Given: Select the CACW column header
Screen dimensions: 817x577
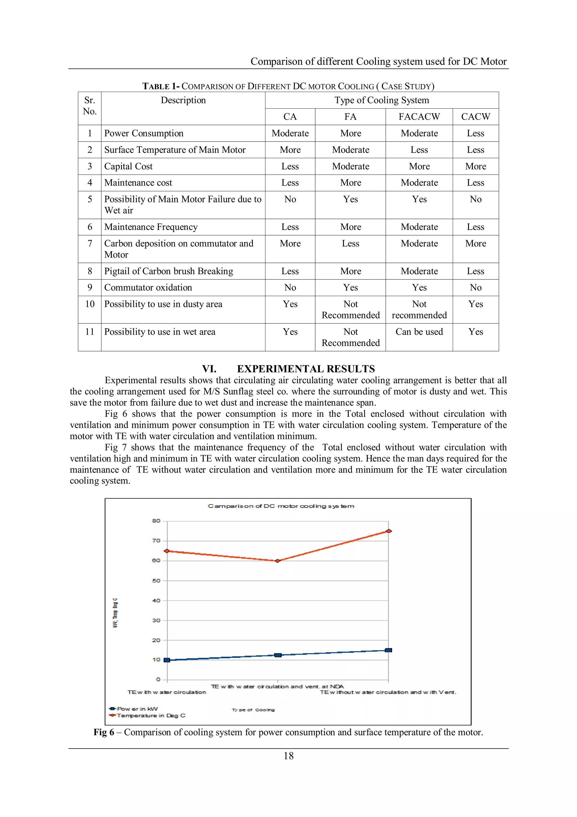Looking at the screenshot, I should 475,117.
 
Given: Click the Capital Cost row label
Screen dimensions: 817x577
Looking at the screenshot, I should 128,166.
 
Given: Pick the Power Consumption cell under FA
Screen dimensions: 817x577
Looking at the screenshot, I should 350,133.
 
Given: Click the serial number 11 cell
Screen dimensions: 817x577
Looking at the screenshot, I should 90,332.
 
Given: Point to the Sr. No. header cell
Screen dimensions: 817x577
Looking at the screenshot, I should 90,106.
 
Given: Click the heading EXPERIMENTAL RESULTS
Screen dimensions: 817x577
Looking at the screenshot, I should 306,369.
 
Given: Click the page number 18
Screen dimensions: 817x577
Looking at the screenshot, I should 288,756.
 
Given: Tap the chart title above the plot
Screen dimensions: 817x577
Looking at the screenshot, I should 281,506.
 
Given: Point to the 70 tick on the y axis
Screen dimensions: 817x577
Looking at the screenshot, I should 156,541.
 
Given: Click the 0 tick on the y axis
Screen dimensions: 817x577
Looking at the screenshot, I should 158,679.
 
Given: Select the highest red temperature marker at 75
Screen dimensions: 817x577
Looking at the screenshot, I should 389,531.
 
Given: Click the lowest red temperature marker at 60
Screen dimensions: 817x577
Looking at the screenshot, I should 278,561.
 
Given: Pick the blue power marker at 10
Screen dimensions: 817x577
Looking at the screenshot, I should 167,660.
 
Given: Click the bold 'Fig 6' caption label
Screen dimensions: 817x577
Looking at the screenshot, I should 104,732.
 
